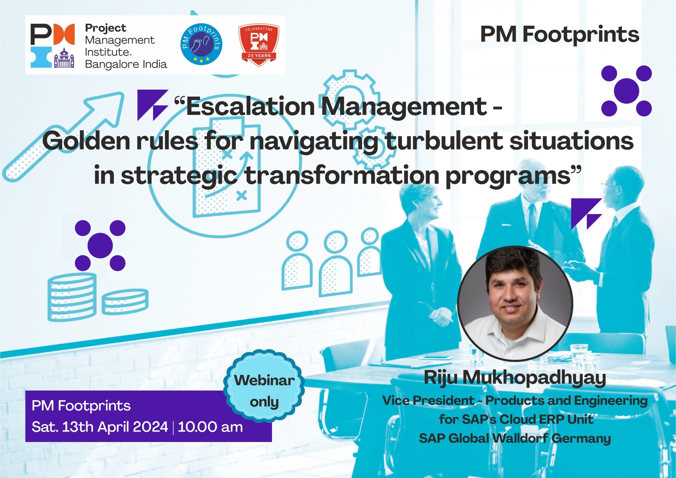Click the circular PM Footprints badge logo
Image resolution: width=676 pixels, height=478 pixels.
(201, 44)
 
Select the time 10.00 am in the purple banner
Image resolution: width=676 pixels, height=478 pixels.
(210, 427)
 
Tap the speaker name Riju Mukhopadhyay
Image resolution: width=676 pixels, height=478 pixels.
(515, 378)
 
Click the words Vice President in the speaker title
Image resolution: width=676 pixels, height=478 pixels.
(428, 401)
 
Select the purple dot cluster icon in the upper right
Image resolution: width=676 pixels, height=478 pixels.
(627, 90)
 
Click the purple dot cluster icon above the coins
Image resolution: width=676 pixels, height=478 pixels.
(100, 245)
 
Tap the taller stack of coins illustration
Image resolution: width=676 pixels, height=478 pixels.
(72, 296)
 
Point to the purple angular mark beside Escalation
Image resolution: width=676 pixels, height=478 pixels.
(153, 105)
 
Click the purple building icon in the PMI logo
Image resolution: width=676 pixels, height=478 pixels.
(64, 58)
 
